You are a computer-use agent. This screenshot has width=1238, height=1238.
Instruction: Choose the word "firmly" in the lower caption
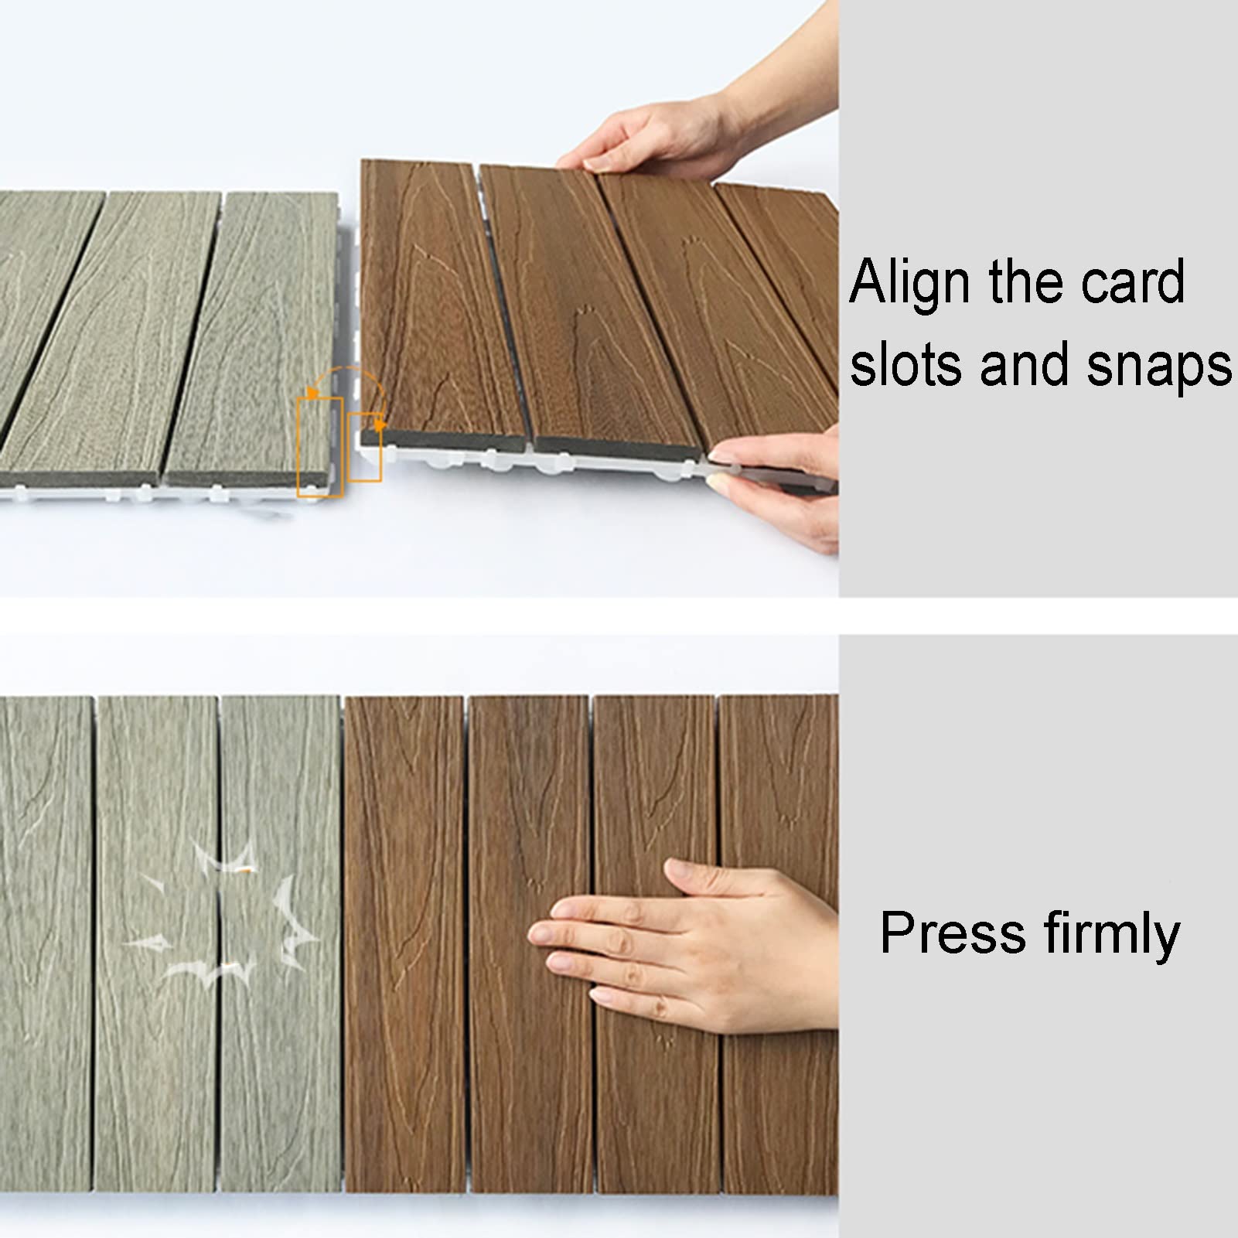pyautogui.click(x=1112, y=936)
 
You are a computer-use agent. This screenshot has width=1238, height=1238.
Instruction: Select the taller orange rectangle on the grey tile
pyautogui.click(x=320, y=447)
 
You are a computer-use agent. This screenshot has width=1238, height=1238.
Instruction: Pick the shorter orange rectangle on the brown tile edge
pyautogui.click(x=365, y=447)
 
